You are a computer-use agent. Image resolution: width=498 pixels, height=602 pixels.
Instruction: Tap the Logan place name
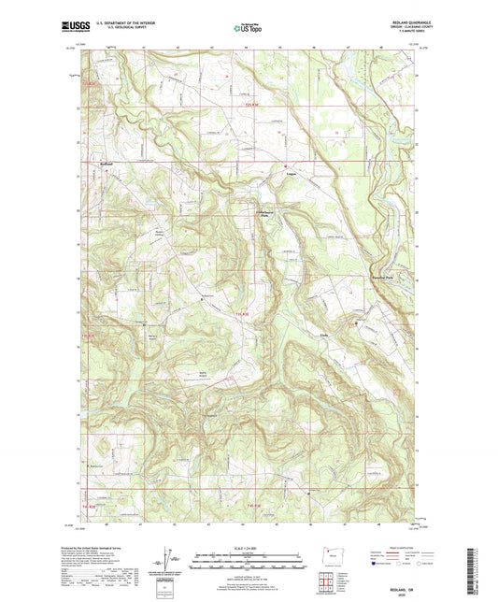click(291, 172)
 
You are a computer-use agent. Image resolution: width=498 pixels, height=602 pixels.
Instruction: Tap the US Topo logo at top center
click(248, 28)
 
